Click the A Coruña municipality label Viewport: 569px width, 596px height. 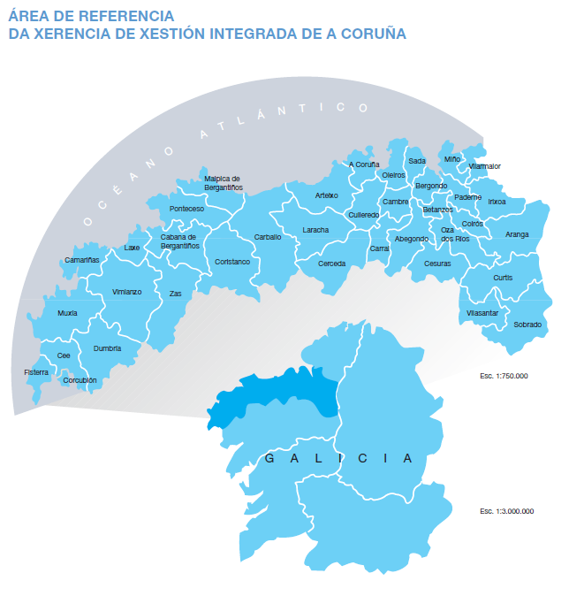364,164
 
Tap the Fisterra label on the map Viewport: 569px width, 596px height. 36,373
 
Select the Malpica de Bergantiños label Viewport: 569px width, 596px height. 223,182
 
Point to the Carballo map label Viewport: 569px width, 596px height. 268,237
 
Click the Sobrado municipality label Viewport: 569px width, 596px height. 527,325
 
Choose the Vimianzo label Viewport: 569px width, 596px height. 126,292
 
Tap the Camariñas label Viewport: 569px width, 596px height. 82,260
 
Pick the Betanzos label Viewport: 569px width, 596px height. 437,210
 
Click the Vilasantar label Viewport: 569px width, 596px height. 482,313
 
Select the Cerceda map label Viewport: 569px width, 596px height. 332,264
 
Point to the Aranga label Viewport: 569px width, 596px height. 517,234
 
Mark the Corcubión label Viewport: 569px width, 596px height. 80,380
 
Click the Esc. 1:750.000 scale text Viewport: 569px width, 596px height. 504,376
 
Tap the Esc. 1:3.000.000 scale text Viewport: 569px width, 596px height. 507,511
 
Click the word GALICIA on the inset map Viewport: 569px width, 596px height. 339,458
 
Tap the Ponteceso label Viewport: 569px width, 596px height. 186,210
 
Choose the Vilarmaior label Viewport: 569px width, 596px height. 485,166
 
